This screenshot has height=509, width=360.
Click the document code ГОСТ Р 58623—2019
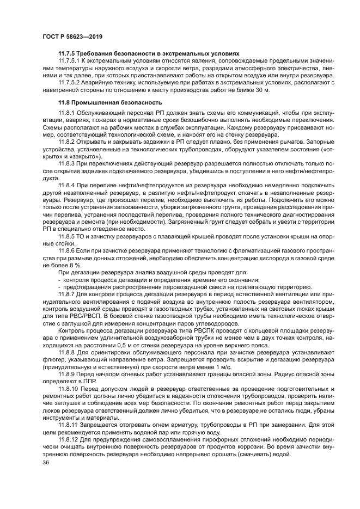(x=72, y=36)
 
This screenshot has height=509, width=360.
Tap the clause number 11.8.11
(x=68, y=425)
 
